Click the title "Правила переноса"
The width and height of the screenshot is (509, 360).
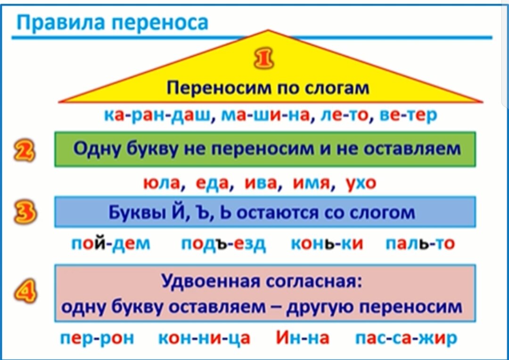pos(112,22)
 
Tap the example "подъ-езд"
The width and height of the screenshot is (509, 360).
pos(223,244)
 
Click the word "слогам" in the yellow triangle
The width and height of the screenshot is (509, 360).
pos(336,88)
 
